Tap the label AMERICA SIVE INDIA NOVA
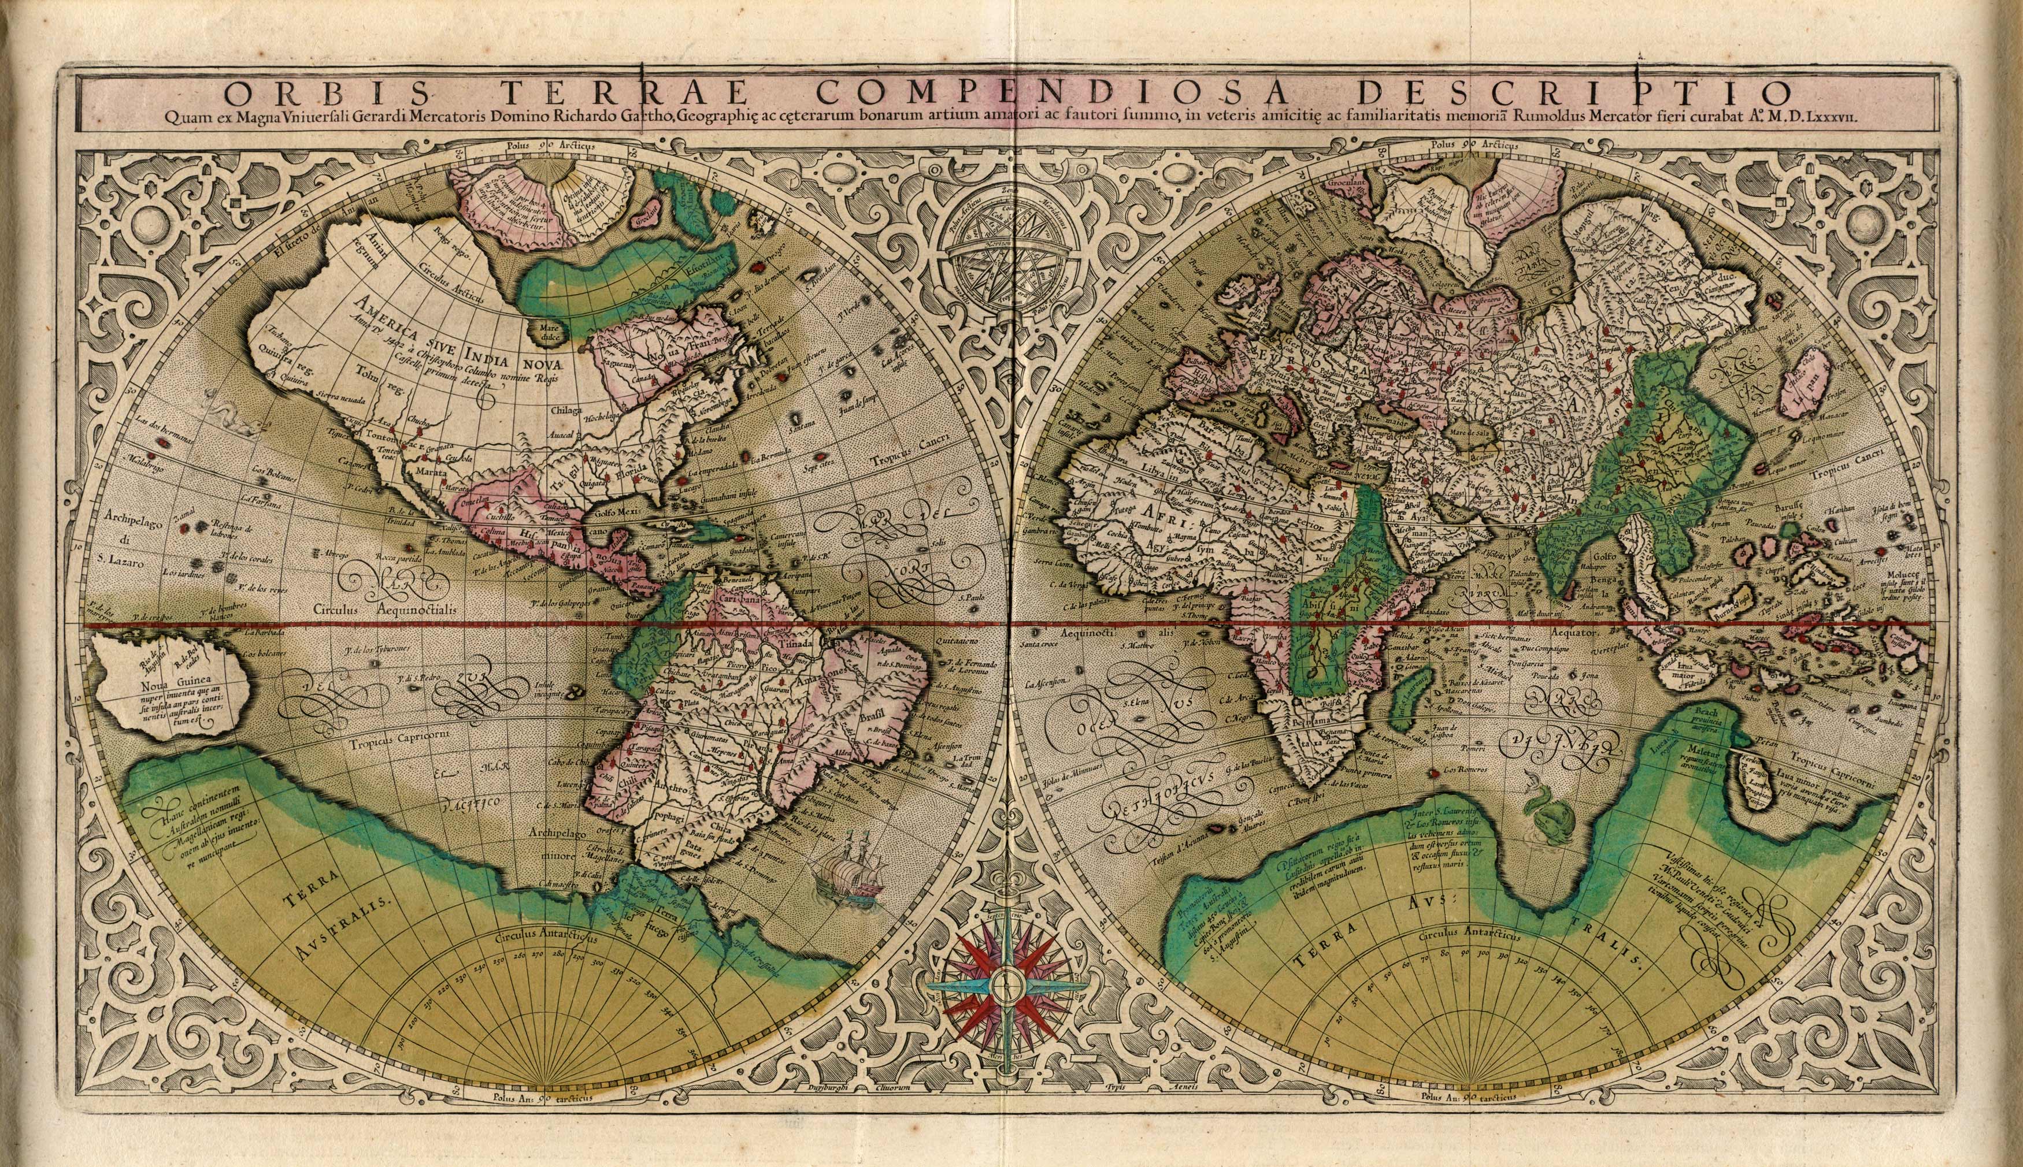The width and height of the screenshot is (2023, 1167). [x=454, y=345]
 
